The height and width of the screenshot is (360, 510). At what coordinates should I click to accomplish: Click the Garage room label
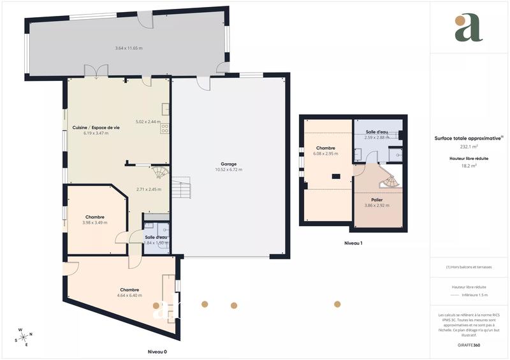coord(229,164)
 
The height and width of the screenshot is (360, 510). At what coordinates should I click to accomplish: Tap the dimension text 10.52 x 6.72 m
coord(229,169)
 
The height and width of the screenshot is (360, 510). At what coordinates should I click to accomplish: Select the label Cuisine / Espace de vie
coord(96,127)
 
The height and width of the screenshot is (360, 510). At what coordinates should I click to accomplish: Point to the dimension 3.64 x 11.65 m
coord(129,48)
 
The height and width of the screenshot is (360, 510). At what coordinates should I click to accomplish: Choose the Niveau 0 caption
coord(157,352)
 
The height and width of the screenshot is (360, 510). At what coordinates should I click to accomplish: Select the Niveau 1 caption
coord(353,243)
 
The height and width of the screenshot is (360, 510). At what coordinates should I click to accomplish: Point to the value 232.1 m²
coord(469,145)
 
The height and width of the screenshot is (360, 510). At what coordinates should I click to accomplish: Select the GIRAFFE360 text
coord(469,344)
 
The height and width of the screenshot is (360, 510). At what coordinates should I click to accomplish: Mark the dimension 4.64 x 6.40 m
coord(129,296)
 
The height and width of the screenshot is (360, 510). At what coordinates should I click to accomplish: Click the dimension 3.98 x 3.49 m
coord(95,222)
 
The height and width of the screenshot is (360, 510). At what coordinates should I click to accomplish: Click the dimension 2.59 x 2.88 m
coord(377,138)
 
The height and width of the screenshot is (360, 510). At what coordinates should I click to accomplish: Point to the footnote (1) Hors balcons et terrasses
coord(469,267)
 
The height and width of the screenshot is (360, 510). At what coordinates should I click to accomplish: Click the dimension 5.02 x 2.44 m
coord(149,122)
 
